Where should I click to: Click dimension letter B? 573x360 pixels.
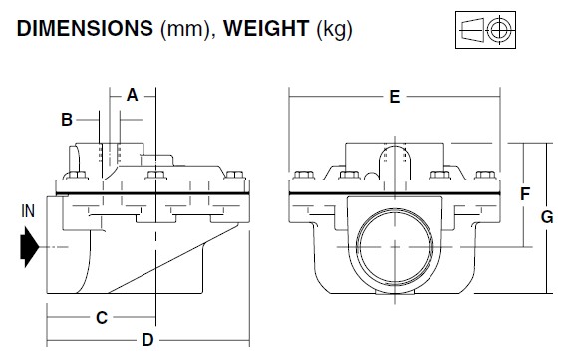[x=67, y=120]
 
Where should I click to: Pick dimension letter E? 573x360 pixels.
[x=395, y=97]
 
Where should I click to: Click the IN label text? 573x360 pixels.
[x=26, y=212]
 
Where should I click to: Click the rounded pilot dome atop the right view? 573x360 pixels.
[x=396, y=161]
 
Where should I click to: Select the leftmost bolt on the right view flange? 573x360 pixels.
[x=298, y=177]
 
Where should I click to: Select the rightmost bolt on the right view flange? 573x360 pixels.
[x=489, y=177]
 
